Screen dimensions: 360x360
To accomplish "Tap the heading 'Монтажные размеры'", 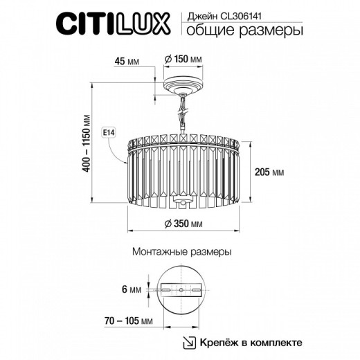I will point(180,253).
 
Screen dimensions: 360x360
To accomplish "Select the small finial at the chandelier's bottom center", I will point(181,202).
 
